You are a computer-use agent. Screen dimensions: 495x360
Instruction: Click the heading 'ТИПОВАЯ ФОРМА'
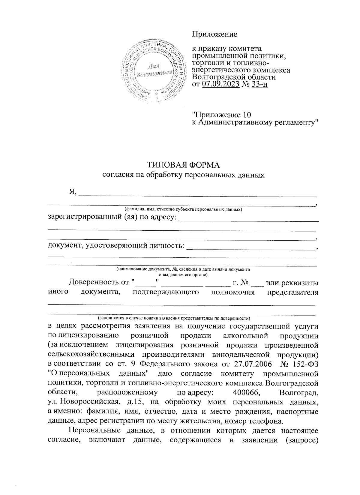(x=183, y=165)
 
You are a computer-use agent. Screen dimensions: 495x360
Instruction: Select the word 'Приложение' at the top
(x=214, y=34)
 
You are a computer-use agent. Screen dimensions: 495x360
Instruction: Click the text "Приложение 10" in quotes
(x=222, y=115)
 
